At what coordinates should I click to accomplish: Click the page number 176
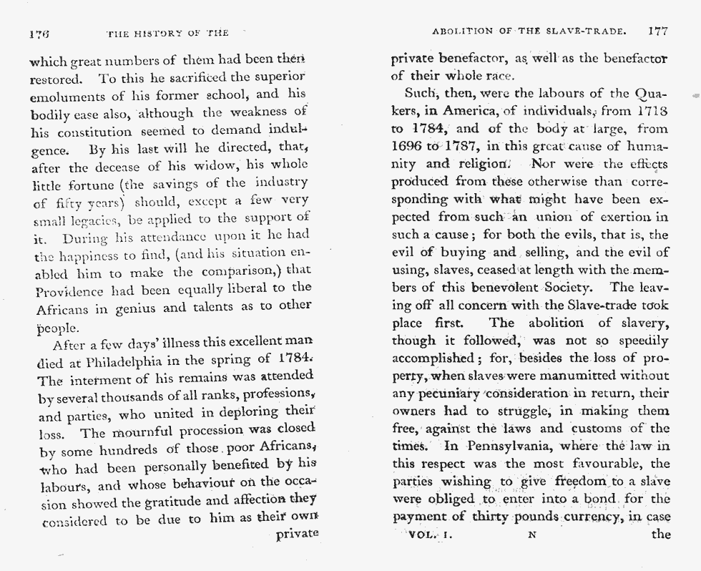coord(38,33)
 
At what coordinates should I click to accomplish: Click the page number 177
coord(657,31)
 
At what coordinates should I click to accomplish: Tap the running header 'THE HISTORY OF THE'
coord(167,33)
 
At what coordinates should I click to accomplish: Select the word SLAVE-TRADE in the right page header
coord(592,31)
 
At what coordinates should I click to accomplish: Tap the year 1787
coord(464,146)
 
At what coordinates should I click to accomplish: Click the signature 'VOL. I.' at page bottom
coord(430,534)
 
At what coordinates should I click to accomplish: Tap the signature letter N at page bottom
coord(531,535)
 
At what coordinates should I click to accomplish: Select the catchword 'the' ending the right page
coord(661,534)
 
